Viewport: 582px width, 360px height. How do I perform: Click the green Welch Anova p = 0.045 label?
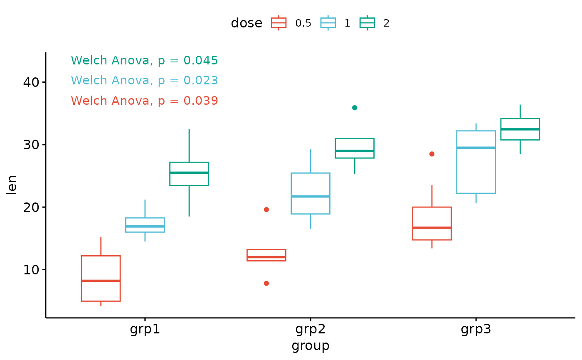pos(144,61)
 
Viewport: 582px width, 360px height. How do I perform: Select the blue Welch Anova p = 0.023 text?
pos(144,81)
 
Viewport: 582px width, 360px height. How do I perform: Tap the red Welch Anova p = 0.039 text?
pos(144,101)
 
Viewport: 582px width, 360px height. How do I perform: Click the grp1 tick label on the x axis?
pos(145,330)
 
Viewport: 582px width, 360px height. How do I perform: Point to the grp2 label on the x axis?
pos(310,330)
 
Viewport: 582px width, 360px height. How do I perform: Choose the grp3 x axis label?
pos(476,330)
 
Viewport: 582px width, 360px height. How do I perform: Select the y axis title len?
pos(12,185)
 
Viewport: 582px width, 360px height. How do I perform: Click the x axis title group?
pos(310,345)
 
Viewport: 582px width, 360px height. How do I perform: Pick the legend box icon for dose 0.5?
pos(279,23)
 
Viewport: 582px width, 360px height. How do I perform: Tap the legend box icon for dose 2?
pos(367,23)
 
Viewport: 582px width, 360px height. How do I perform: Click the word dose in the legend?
pos(247,23)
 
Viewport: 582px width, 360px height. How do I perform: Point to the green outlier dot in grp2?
pos(355,108)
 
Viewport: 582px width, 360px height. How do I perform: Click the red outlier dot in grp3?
pos(432,154)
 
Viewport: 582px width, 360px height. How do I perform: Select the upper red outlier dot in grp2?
pos(266,210)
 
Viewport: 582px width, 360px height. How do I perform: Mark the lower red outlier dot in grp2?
pos(266,284)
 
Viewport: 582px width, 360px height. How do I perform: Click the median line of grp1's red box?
pos(101,281)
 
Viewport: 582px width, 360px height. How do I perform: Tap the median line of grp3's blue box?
pos(476,148)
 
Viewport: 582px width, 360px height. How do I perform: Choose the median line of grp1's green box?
pos(189,173)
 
